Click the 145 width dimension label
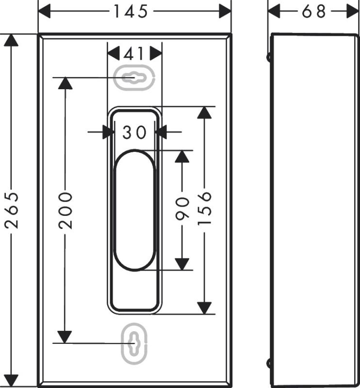point(131,11)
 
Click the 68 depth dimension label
point(313,11)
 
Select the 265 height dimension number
point(11,210)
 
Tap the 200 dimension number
point(65,210)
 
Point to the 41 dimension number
point(134,54)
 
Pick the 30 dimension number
point(135,132)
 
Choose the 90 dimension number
point(182,209)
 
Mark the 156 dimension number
point(205,209)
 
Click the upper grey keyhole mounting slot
point(134,78)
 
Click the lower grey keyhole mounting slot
point(134,343)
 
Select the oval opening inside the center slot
point(134,210)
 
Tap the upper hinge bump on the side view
point(269,57)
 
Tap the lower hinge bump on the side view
point(269,363)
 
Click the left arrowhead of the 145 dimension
point(45,11)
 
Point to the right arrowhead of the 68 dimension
point(352,11)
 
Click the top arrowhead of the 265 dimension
point(11,40)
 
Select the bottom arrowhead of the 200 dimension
point(65,337)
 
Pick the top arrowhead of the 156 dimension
point(204,113)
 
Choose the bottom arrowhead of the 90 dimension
point(182,264)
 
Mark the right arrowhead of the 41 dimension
point(156,53)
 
